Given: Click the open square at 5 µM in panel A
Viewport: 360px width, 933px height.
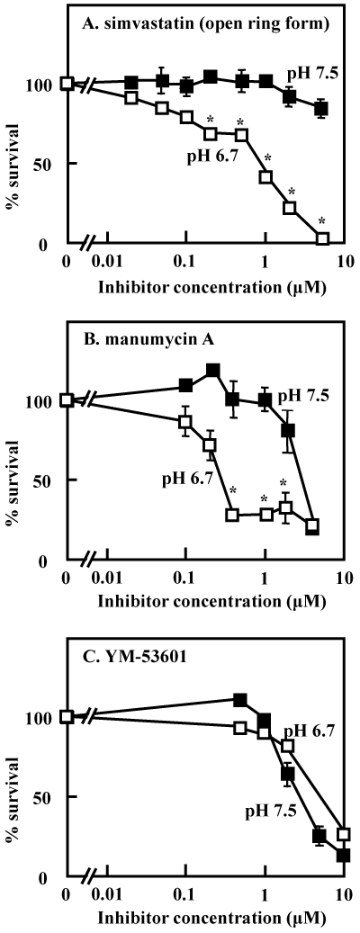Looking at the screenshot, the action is (322, 238).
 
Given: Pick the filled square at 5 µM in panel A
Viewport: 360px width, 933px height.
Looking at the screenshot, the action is (321, 109).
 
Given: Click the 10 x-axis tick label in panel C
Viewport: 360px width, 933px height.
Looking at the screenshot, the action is (343, 894).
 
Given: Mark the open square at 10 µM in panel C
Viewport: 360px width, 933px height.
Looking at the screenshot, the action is (343, 834).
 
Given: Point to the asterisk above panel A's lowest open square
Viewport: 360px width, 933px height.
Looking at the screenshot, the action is (322, 221).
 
